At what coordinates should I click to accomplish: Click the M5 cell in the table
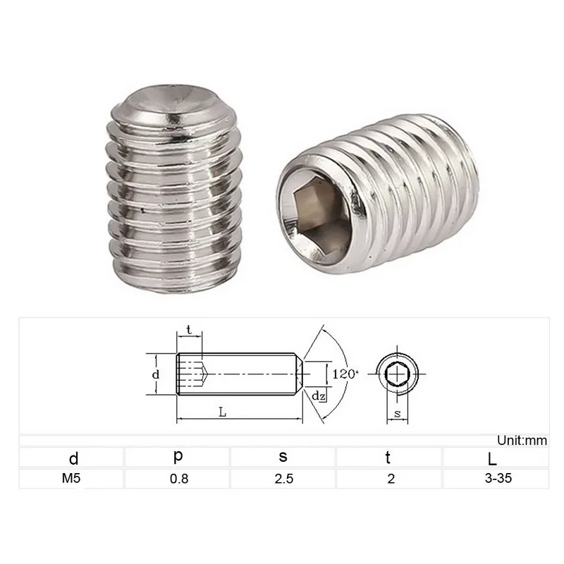(x=71, y=478)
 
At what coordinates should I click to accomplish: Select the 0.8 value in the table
(x=179, y=479)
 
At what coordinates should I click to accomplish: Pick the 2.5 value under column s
(x=284, y=479)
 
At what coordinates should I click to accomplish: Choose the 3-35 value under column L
(x=498, y=478)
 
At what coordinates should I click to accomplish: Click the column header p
(x=178, y=456)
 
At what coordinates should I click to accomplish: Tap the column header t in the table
(x=388, y=458)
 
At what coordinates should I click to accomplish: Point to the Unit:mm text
(x=522, y=440)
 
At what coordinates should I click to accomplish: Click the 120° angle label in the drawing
(x=345, y=374)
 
